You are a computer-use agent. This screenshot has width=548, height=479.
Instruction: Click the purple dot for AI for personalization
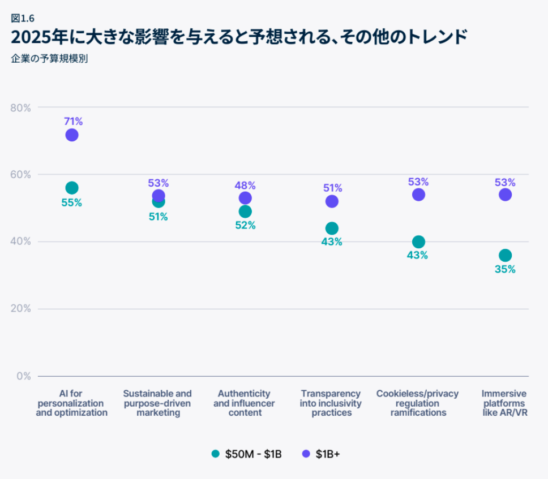(72, 135)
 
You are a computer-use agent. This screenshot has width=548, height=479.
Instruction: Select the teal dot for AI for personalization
(72, 188)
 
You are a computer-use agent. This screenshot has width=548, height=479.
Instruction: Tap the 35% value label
(505, 269)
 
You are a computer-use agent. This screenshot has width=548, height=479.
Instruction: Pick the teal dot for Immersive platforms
(505, 255)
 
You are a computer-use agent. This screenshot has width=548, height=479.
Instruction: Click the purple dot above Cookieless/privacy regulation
(418, 195)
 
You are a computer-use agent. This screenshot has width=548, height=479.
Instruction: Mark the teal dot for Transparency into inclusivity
(332, 228)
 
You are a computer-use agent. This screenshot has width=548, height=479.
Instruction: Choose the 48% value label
(245, 185)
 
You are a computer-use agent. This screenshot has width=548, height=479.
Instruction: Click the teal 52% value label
(245, 225)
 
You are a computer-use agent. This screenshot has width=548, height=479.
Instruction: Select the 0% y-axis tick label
(24, 376)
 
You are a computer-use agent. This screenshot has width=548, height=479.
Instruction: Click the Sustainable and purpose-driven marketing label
(159, 403)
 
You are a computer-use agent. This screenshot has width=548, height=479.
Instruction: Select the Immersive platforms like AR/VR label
(504, 403)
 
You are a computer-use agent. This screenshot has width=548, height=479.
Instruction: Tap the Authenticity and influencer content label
(245, 403)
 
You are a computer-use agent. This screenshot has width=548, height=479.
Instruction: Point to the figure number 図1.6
(23, 18)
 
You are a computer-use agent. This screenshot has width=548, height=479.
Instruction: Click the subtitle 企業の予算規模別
(49, 58)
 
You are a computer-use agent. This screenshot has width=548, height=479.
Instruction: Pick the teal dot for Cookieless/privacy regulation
(418, 242)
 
